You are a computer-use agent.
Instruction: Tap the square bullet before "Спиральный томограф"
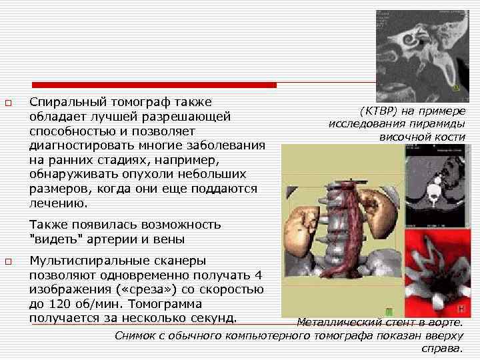tap(8, 103)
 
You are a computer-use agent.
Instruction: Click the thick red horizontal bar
tap(154, 85)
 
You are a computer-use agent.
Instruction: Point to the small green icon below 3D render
tap(389, 311)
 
